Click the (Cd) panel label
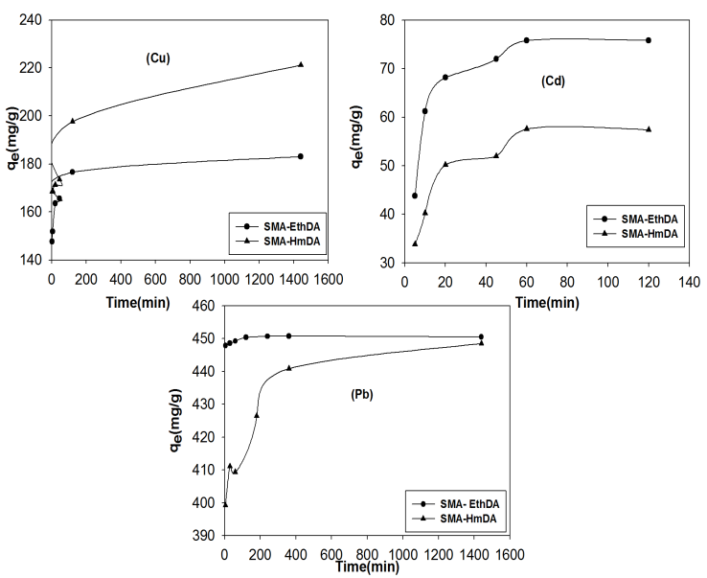[552, 81]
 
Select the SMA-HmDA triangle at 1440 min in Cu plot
[301, 64]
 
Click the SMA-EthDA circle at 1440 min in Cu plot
[301, 156]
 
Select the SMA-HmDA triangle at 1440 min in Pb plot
[481, 342]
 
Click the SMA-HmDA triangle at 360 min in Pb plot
[288, 368]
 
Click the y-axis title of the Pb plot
[175, 420]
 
